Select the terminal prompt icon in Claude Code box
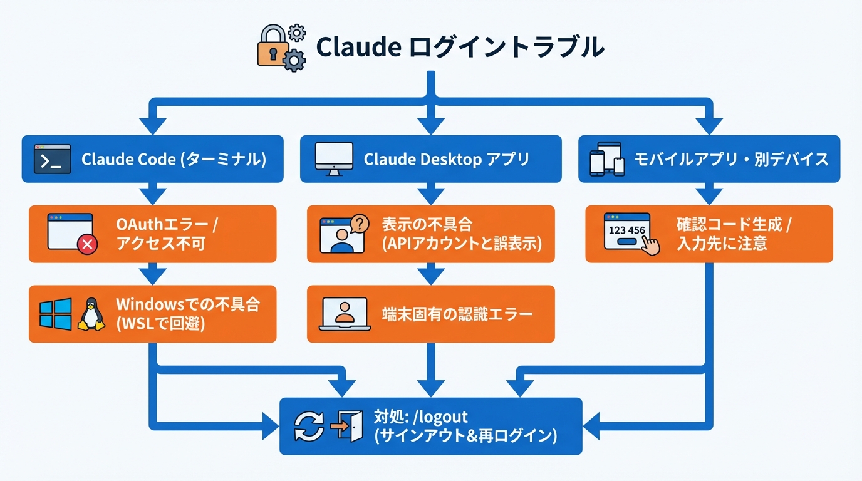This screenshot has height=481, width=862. click(51, 160)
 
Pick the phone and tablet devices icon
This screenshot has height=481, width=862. click(607, 159)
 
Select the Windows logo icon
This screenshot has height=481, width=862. click(55, 314)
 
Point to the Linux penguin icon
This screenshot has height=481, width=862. click(91, 314)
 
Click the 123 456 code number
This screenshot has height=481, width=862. click(626, 230)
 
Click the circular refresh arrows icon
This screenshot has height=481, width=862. click(309, 427)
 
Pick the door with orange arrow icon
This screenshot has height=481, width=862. click(346, 427)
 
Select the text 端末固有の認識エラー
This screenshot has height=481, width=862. click(457, 314)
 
